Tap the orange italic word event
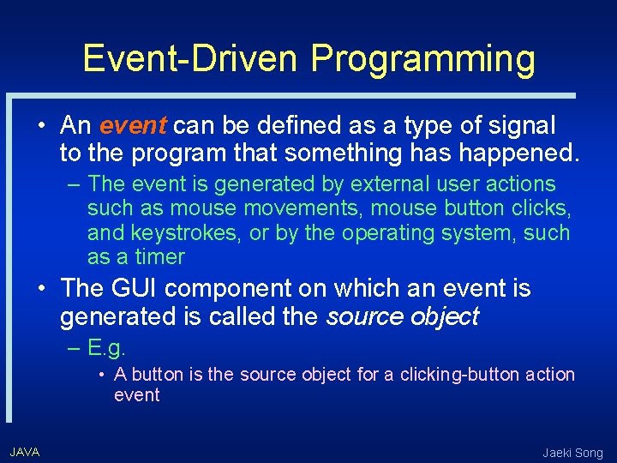pyautogui.click(x=133, y=126)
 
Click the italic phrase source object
pyautogui.click(x=402, y=317)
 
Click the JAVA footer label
pyautogui.click(x=25, y=452)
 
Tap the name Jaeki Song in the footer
pyautogui.click(x=572, y=453)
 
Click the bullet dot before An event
pyautogui.click(x=42, y=127)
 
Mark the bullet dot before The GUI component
pyautogui.click(x=42, y=290)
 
